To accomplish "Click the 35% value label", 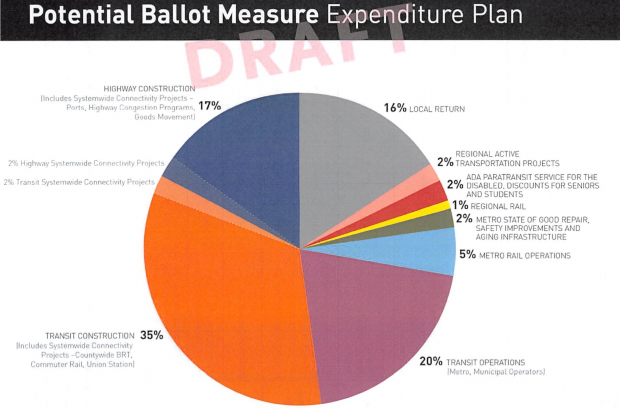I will [x=152, y=335].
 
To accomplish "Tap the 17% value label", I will [x=209, y=106].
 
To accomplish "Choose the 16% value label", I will [x=395, y=108].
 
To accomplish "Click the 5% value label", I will [x=467, y=255].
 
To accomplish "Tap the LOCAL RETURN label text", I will [x=437, y=109].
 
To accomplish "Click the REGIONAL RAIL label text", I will [x=498, y=206].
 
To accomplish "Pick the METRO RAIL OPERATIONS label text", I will [x=525, y=256].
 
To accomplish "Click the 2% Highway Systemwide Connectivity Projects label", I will [x=86, y=163].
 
